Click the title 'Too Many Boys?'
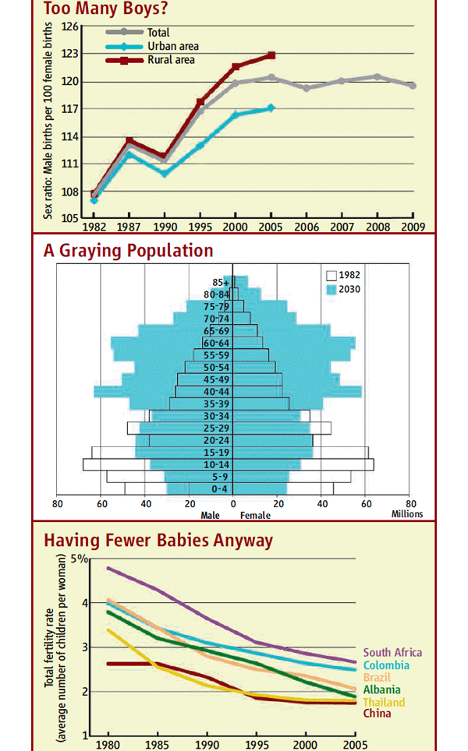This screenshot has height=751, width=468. point(106,9)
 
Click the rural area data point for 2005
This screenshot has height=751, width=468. point(271,55)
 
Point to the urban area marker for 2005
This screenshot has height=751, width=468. point(271,108)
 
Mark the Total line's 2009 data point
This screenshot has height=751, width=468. point(413,86)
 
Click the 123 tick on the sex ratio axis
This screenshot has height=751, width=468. point(70,54)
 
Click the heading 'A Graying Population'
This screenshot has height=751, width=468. point(128,251)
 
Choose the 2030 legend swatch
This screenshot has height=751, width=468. point(331,289)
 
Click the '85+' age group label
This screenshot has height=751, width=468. point(222,282)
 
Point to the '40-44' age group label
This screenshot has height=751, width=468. point(216,391)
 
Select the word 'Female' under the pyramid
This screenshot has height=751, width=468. point(255,515)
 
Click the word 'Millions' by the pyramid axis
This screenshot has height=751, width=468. point(406,514)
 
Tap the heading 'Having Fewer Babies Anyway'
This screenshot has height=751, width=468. point(158,540)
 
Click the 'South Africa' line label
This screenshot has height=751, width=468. point(393,653)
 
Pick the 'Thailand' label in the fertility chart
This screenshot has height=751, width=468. point(384,703)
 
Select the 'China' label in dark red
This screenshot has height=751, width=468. point(378,714)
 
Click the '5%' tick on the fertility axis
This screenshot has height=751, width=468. point(80,559)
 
